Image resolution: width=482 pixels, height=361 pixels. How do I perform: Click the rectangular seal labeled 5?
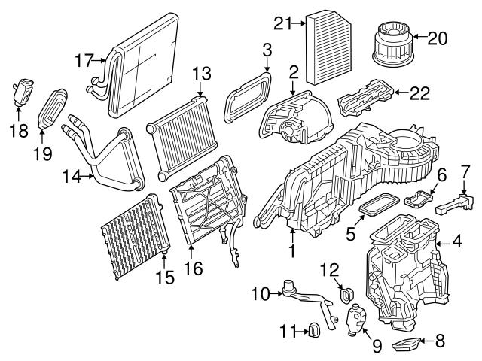377,202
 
